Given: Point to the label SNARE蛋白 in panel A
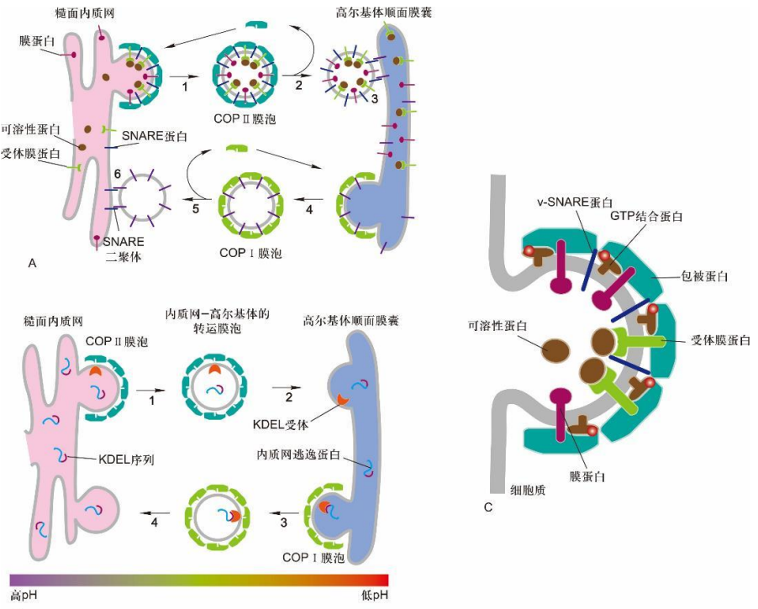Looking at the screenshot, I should pyautogui.click(x=155, y=135).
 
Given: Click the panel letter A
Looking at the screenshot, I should pyautogui.click(x=32, y=263).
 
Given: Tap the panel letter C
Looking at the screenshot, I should pyautogui.click(x=488, y=506).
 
